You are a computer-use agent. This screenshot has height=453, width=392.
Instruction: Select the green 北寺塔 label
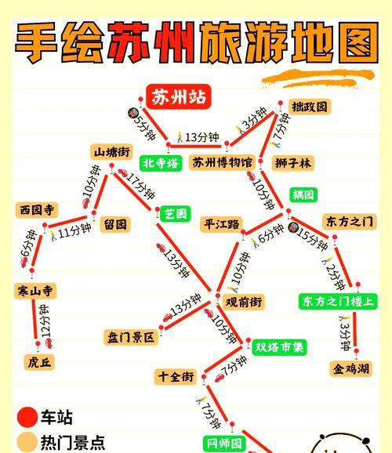tap(161, 163)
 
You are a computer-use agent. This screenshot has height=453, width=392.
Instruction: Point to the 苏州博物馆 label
tap(223, 163)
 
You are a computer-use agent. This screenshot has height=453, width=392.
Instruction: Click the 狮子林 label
tap(293, 163)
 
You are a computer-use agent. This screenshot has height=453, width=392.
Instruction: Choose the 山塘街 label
tap(112, 152)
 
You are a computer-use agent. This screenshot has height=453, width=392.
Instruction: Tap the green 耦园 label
tap(303, 194)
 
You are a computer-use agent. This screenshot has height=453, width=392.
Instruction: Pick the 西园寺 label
tap(38, 210)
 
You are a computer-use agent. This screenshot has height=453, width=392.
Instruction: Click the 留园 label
tap(115, 224)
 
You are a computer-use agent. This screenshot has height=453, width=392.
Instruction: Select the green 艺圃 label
tap(176, 213)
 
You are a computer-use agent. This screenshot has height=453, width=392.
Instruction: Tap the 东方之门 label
tap(349, 222)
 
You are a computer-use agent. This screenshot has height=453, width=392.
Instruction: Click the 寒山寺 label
tap(36, 291)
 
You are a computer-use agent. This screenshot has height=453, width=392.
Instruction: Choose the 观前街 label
tap(244, 302)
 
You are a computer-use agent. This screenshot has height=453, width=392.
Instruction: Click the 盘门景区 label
tap(132, 338)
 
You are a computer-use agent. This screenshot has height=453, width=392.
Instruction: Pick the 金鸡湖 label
tap(350, 368)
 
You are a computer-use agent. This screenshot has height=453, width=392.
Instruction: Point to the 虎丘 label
tap(38, 362)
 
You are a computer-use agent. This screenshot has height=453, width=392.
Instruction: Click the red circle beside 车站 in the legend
tap(27, 417)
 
